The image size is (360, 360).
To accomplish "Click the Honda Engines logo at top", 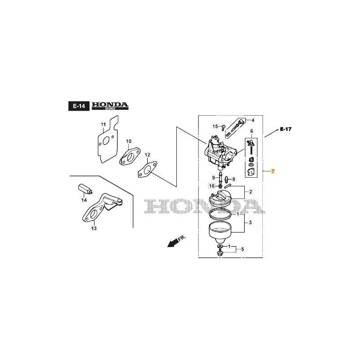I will point(110,106).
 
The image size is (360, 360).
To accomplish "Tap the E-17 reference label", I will point(286,129).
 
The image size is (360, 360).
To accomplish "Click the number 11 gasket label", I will point(103,125).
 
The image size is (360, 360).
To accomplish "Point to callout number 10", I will point(128,141).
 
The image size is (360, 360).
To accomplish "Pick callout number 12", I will point(147,155).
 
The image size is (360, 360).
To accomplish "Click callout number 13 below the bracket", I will point(94,228).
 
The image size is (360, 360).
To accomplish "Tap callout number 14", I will point(84,200).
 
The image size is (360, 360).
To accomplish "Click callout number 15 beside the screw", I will point(215,126).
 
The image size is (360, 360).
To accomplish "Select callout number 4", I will point(252,120).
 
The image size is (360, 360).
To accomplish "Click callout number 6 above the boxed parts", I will point(252,131).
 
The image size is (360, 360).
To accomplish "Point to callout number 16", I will point(211,186).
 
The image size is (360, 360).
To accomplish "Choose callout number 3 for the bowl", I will point(250,223).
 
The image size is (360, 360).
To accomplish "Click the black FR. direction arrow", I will point(171,243).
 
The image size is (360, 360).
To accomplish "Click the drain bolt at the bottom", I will point(220,253).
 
